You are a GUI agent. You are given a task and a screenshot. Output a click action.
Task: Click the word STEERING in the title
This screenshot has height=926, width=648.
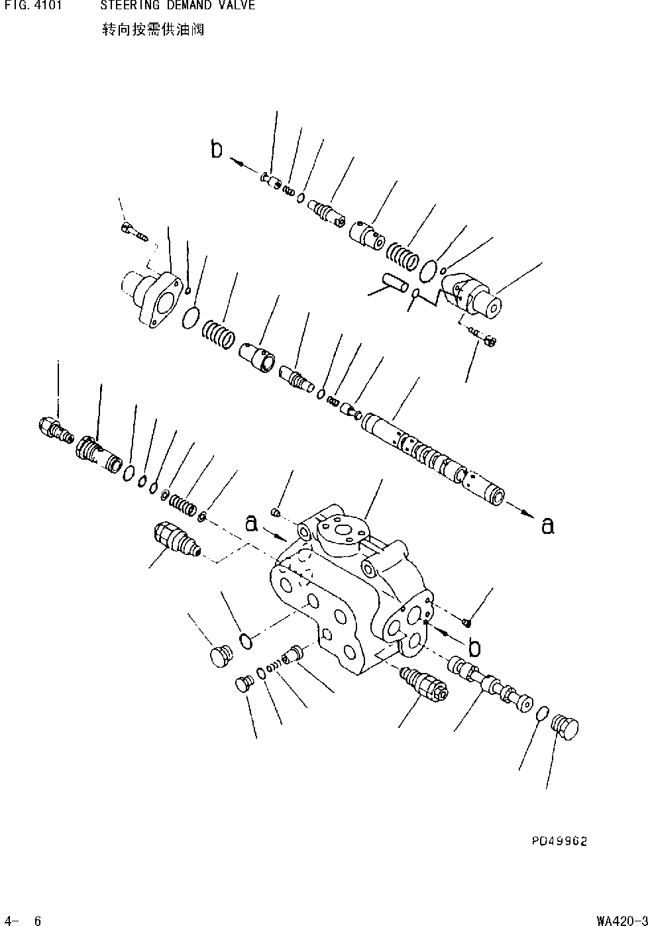tap(130, 6)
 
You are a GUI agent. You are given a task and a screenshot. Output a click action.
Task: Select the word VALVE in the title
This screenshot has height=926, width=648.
tap(235, 6)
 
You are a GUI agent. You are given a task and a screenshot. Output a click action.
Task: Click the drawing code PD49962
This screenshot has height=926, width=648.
tap(559, 841)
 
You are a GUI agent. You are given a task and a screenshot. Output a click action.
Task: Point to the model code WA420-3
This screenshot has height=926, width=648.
tap(621, 920)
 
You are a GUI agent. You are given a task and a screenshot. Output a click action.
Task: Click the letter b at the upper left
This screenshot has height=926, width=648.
tap(217, 150)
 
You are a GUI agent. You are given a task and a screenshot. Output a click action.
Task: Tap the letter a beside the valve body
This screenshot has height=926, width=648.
tap(251, 523)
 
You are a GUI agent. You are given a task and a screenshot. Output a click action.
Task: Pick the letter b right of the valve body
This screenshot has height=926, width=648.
tap(474, 646)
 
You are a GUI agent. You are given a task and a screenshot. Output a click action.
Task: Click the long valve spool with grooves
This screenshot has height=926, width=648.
tap(434, 457)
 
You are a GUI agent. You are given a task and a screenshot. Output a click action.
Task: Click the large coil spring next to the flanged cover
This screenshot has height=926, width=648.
tap(219, 332)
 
